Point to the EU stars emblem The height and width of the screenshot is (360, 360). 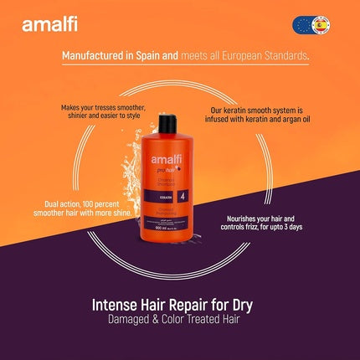pos(302,24)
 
